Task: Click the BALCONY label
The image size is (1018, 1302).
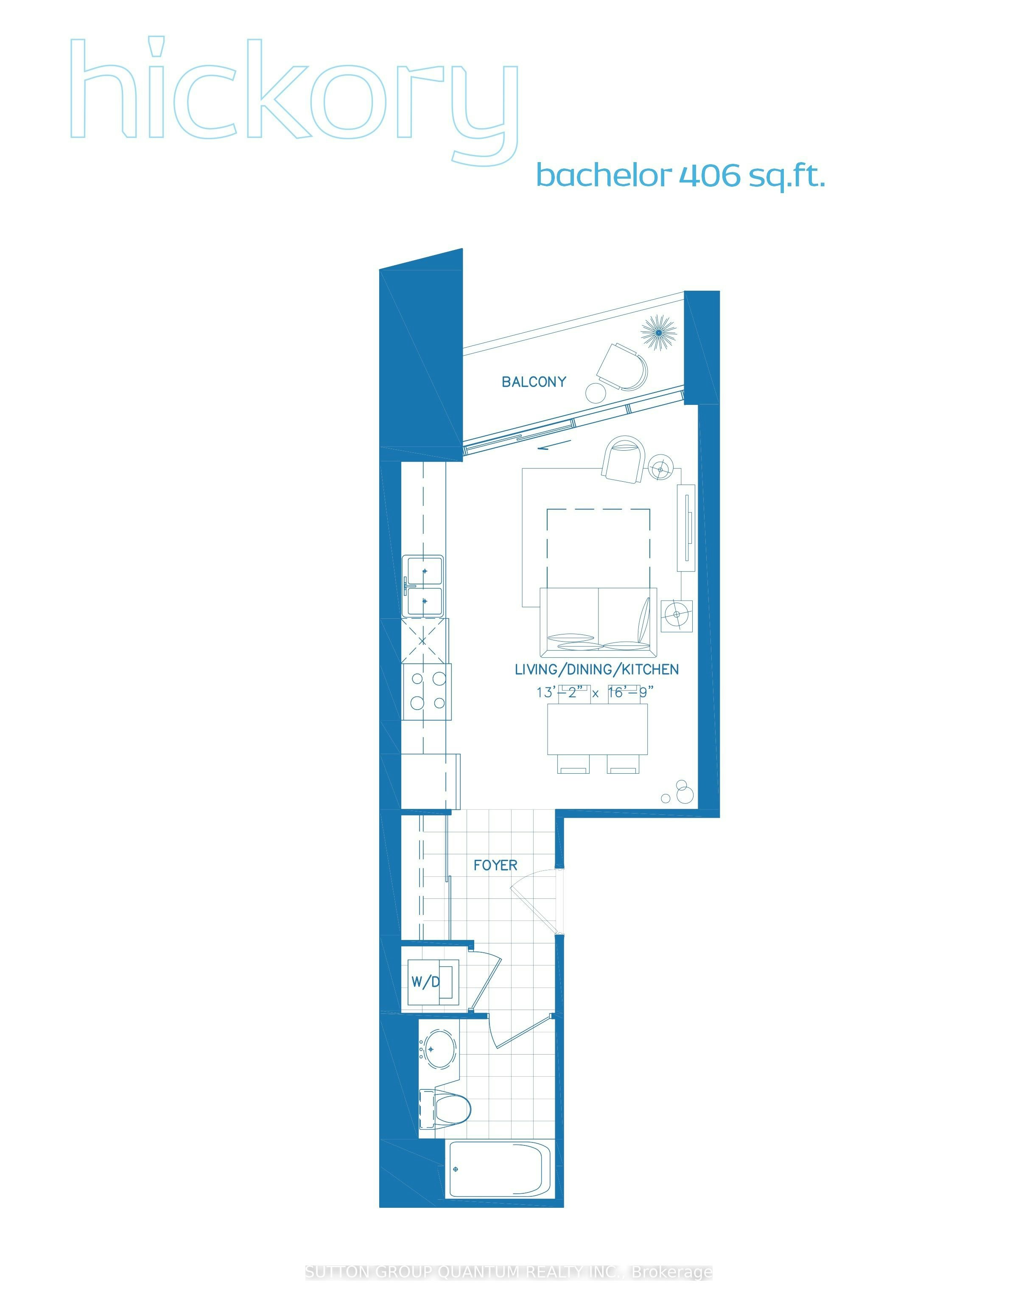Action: click(534, 382)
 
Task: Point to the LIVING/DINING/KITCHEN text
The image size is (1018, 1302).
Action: click(597, 670)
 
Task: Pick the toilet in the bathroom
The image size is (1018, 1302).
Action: click(445, 1109)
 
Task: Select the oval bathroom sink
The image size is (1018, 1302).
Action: click(440, 1049)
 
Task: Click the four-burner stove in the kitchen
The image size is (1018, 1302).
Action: click(427, 692)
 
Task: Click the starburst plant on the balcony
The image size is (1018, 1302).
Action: click(659, 332)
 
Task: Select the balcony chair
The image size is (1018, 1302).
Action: click(622, 367)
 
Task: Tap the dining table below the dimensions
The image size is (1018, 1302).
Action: click(598, 729)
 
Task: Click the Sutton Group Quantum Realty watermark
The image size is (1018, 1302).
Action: click(509, 1273)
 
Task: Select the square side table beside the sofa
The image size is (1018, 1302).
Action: click(677, 615)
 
